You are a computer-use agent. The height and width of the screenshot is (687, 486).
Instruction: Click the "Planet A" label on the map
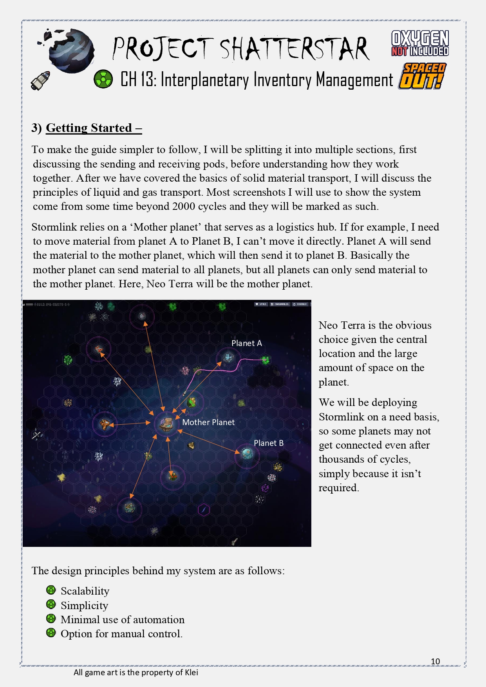coord(246,343)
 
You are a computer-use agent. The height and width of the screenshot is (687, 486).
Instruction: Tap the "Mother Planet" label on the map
coord(208,422)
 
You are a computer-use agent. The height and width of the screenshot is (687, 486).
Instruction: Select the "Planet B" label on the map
coord(268,443)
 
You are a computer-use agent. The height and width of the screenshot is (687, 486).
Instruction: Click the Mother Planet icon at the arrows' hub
coord(166,424)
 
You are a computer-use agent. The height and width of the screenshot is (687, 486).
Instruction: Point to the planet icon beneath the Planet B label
coord(247,454)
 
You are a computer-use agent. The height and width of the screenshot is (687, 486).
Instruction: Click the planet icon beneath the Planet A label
coord(228,357)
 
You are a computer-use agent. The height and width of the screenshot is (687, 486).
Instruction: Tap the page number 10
coord(435,662)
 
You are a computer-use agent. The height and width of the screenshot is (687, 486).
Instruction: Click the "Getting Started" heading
coord(89,128)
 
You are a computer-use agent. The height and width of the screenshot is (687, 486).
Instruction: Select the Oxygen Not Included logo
coord(420,43)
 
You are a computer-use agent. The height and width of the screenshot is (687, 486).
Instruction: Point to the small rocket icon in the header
coord(41,80)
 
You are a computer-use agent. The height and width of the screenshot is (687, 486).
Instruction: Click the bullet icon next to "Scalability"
coord(51,590)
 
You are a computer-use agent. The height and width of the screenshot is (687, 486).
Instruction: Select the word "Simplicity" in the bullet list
coord(84,606)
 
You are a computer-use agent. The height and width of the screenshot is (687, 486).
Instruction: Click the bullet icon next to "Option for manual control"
coord(51,633)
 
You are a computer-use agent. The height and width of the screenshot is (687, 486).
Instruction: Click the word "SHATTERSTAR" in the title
coord(294,49)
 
